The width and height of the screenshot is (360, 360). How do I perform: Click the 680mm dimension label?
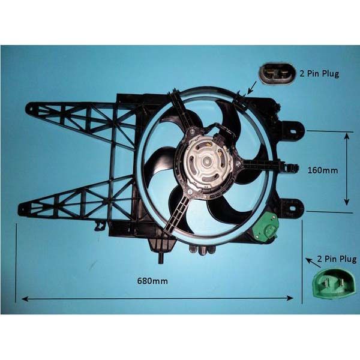click(152, 281)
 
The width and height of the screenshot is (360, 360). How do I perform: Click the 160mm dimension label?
click(323, 170)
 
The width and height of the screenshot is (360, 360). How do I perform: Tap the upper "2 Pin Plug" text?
click(319, 73)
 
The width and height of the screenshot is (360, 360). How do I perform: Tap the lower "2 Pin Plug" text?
click(337, 259)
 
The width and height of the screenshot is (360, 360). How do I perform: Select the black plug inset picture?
click(277, 73)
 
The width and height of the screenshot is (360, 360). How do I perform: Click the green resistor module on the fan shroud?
click(265, 226)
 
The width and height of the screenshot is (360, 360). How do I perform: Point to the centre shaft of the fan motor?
click(207, 161)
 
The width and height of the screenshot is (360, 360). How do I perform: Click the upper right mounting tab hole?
click(294, 131)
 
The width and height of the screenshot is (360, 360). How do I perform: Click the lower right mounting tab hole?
click(293, 208)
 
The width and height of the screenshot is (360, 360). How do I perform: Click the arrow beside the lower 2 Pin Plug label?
click(313, 263)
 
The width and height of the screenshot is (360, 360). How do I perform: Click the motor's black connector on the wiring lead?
click(218, 139)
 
